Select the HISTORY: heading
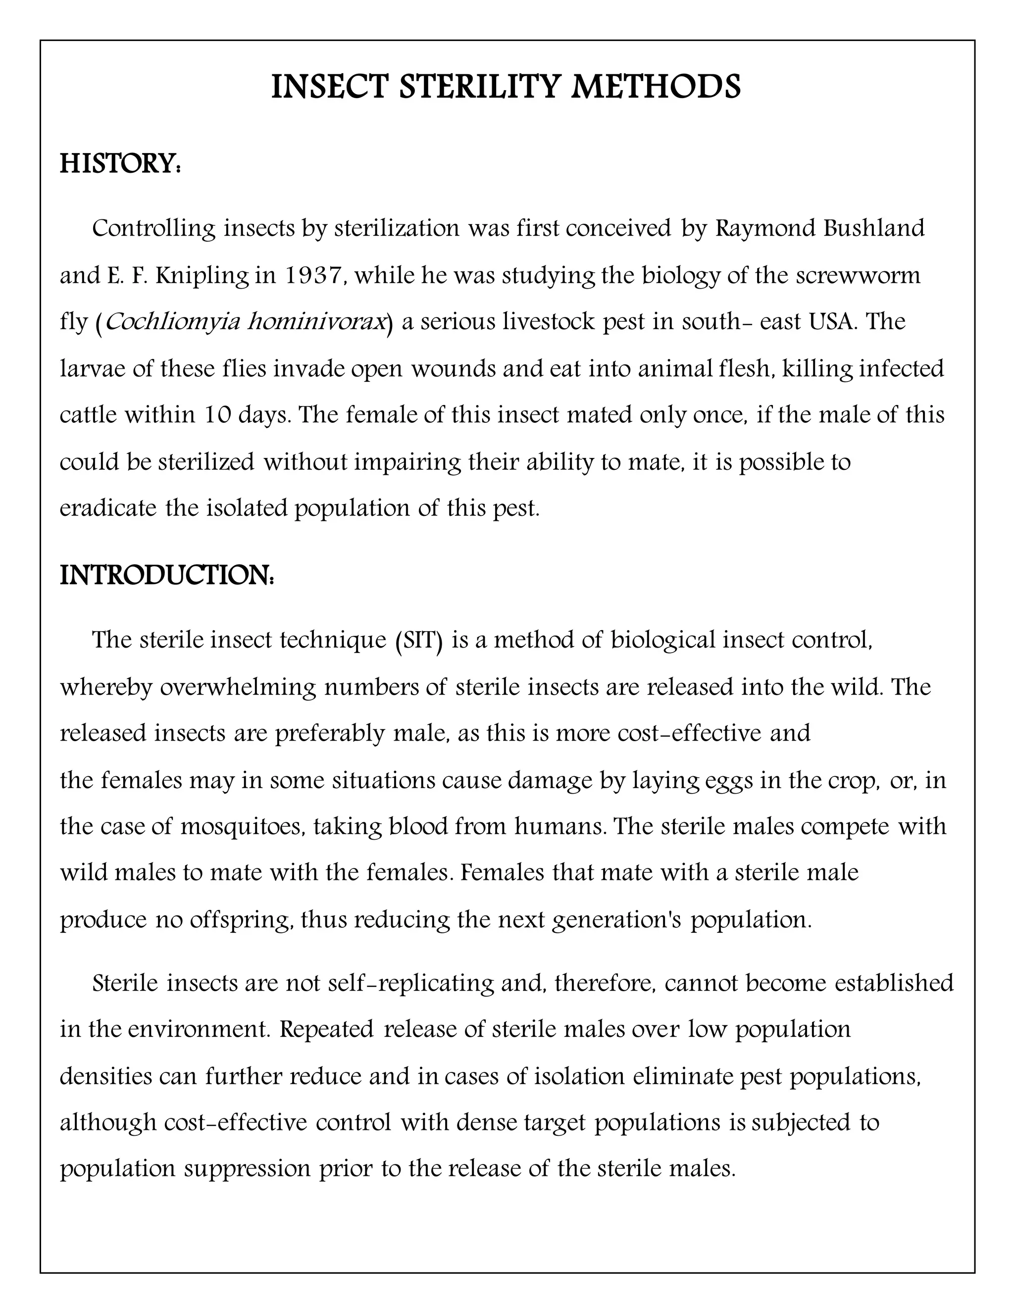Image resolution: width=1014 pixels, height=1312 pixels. coord(120,164)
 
